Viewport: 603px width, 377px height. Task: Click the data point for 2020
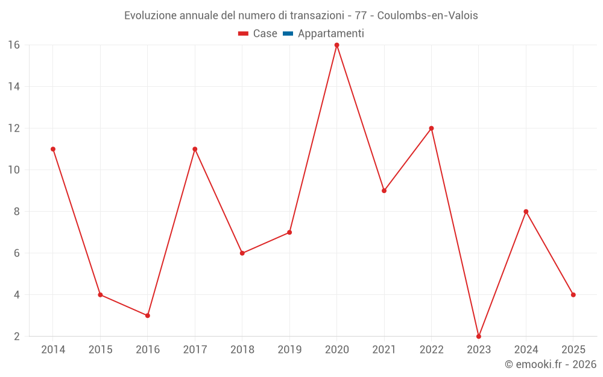[x=336, y=45]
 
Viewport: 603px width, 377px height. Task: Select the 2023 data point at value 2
[x=479, y=336]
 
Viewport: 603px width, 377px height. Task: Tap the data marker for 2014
[x=53, y=149]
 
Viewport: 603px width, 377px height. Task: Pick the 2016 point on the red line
[x=148, y=315]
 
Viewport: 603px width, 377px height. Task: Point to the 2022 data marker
[x=431, y=128]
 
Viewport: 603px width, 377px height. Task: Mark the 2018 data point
[x=242, y=253]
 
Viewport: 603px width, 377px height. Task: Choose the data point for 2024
[x=526, y=212]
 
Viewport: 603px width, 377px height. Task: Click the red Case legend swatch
[x=244, y=34]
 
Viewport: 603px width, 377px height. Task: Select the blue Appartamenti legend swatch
[x=288, y=34]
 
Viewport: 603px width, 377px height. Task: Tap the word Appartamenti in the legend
[x=331, y=34]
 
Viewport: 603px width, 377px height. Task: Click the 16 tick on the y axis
[x=14, y=45]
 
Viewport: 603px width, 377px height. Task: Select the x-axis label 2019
[x=289, y=350]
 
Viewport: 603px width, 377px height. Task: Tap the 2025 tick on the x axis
[x=573, y=350]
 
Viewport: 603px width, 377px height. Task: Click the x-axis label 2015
[x=100, y=350]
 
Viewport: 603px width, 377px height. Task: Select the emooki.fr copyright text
[x=551, y=364]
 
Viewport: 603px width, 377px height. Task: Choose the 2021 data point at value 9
[x=384, y=191]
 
